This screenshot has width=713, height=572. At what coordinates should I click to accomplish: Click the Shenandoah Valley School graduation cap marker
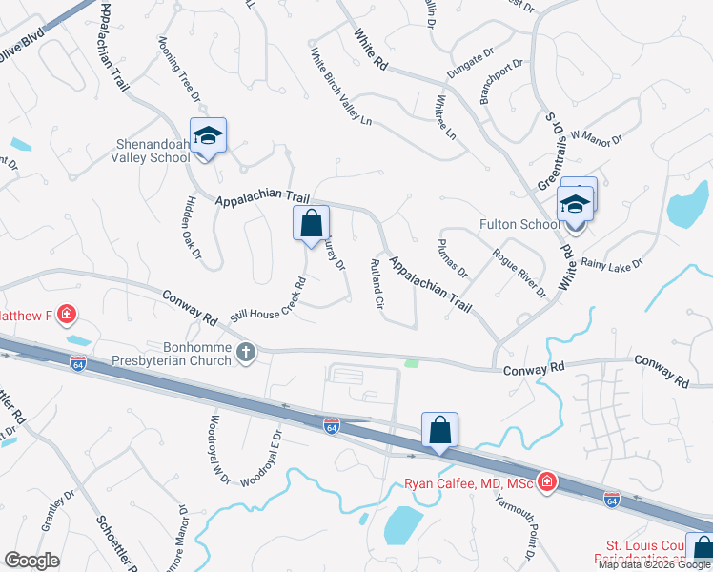coord(207,136)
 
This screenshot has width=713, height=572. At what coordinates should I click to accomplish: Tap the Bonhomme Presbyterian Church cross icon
coord(246,353)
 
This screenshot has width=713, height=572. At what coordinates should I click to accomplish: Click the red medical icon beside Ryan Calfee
coord(546,483)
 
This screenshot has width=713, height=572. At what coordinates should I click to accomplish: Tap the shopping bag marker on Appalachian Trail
coord(311,225)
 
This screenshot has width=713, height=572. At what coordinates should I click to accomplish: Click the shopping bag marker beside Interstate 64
coord(439,431)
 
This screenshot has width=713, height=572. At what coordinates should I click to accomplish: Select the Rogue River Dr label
coord(519,272)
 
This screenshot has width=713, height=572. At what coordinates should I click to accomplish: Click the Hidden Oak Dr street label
coord(193,226)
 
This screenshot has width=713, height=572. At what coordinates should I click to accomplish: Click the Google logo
coord(32,560)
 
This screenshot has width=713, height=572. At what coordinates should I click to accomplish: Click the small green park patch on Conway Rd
coord(412,362)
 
